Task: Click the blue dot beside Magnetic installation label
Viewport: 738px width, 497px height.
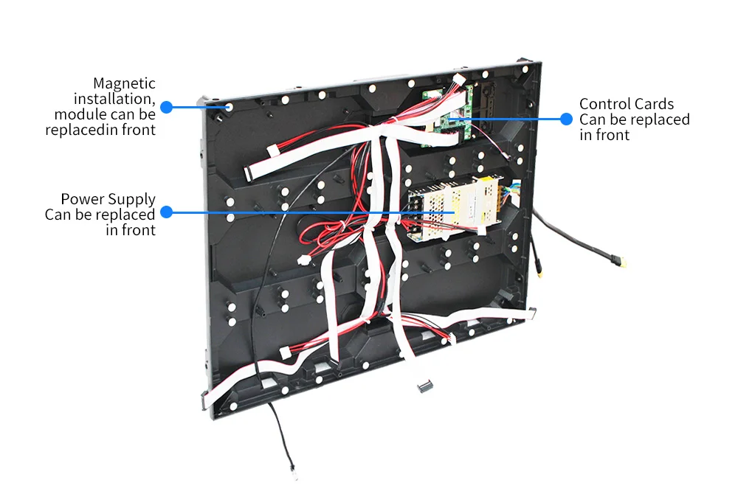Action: coord(166,107)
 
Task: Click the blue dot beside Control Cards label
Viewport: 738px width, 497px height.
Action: coord(567,119)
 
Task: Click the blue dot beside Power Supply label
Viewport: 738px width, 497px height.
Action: coord(166,212)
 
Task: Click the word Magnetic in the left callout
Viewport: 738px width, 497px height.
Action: coord(124,83)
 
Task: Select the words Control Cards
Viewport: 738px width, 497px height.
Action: coord(626,104)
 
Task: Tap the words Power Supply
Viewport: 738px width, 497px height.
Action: coord(108,199)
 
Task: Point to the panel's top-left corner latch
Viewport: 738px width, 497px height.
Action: coord(204,103)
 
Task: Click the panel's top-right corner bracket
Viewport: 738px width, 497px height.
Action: coord(525,64)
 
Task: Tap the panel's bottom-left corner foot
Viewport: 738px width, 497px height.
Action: coord(204,402)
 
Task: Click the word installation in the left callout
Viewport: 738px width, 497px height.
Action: coord(114,99)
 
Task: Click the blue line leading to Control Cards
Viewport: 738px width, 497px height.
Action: coord(509,119)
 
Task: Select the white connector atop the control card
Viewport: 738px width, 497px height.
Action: coord(458,80)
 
